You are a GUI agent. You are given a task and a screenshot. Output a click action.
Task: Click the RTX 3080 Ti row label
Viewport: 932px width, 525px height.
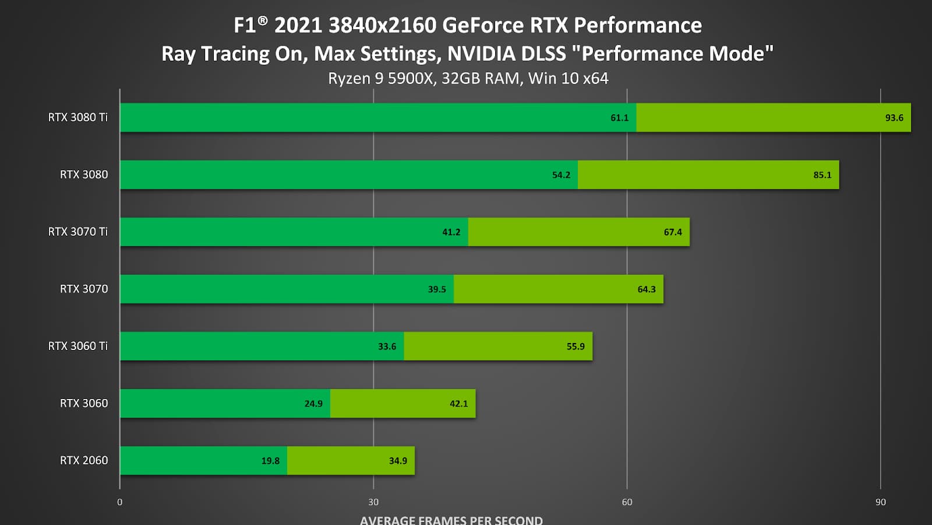[x=78, y=117]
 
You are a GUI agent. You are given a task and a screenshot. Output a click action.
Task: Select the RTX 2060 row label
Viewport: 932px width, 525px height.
[x=84, y=460]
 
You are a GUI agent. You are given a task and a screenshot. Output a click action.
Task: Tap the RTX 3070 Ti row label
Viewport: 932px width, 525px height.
[x=78, y=232]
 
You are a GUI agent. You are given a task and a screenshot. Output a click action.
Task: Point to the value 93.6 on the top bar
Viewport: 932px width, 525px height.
[x=894, y=118]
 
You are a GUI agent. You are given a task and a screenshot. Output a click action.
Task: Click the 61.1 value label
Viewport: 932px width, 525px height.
[x=620, y=118]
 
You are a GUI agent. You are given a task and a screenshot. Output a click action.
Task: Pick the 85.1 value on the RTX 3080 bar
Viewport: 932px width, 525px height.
[x=822, y=175]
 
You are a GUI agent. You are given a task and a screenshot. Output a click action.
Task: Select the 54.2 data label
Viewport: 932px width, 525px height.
[x=562, y=175]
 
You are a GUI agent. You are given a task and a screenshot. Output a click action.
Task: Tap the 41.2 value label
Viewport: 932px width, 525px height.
[x=451, y=232]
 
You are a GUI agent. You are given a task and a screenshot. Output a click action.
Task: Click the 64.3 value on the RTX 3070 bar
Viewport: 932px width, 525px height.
[x=647, y=289]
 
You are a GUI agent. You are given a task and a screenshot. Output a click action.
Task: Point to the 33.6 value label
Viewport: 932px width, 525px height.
[x=387, y=346]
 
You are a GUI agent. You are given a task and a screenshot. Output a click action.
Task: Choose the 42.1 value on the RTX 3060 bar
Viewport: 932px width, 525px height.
[x=459, y=404]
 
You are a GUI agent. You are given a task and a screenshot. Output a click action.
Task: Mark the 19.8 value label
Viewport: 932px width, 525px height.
[x=270, y=461]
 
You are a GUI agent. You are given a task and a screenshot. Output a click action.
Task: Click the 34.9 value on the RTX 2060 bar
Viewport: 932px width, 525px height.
[x=398, y=461]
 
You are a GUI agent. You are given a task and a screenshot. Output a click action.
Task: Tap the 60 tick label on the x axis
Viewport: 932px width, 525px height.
[x=627, y=502]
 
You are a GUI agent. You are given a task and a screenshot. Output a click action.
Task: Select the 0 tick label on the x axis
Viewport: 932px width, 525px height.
[x=120, y=502]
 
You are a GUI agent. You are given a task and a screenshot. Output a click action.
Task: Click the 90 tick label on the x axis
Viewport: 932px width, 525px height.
[x=880, y=502]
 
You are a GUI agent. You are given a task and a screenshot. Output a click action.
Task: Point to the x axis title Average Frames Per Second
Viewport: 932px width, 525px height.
[x=451, y=520]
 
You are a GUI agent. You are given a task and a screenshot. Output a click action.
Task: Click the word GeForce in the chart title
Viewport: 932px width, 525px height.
[x=483, y=26]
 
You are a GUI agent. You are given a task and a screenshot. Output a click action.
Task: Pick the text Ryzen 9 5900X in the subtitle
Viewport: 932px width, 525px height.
[x=380, y=78]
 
